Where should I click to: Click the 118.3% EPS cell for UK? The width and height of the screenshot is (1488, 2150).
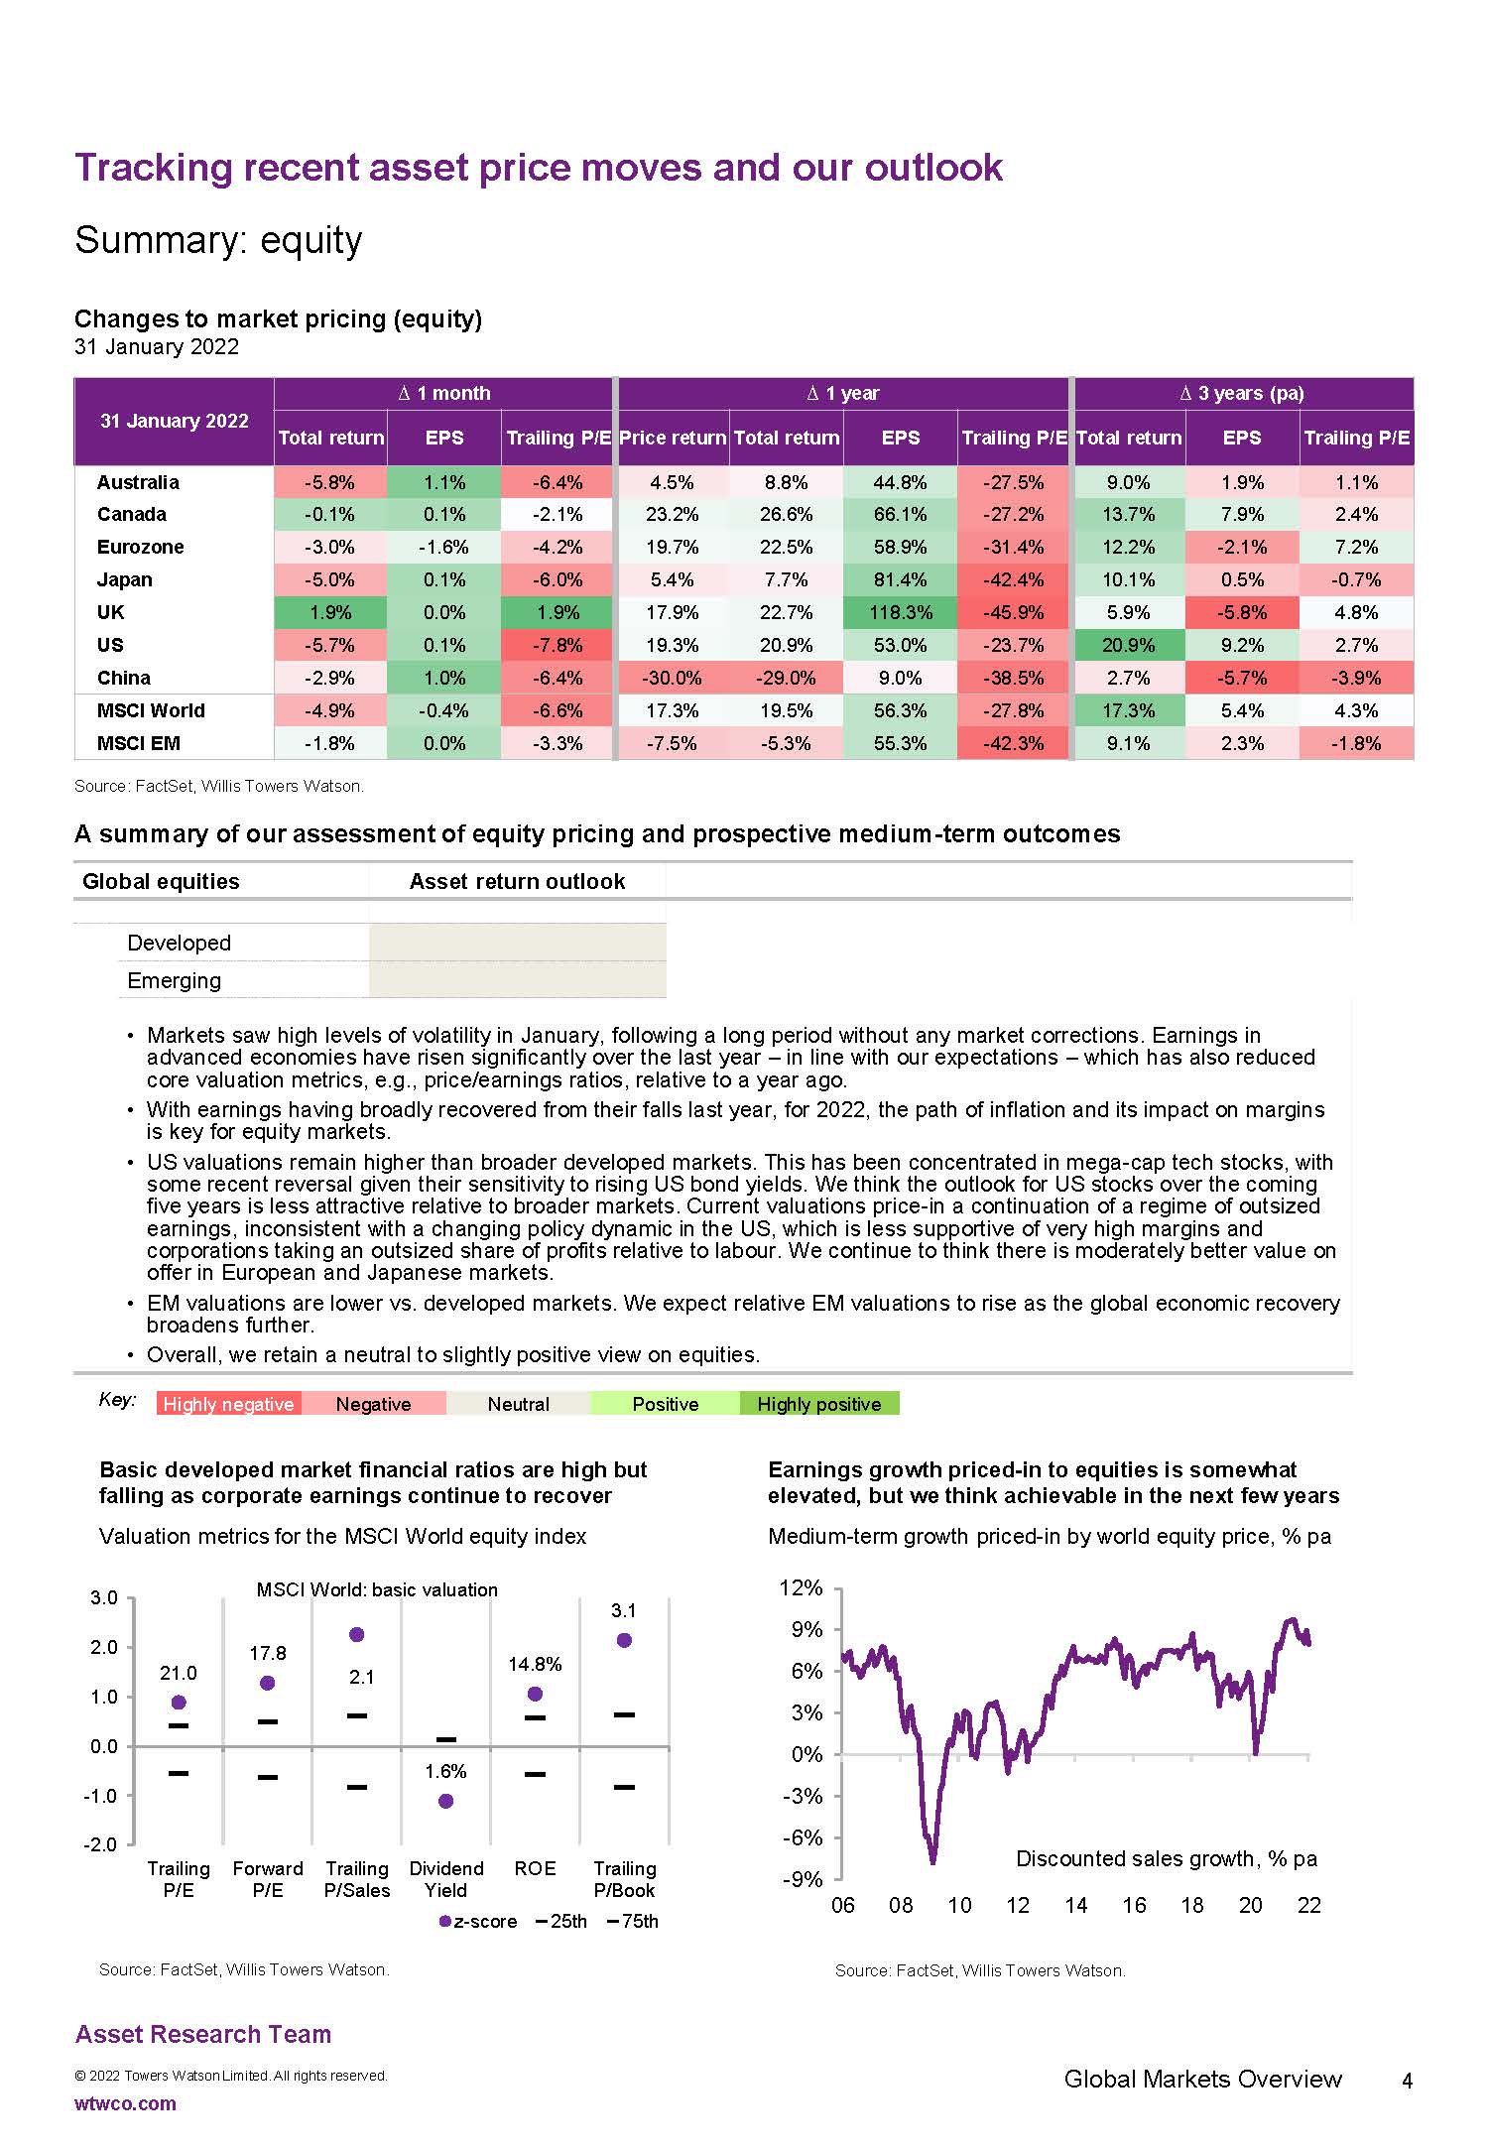(900, 612)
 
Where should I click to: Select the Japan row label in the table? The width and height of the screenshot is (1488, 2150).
(125, 579)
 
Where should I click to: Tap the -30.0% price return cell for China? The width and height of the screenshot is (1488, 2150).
(673, 678)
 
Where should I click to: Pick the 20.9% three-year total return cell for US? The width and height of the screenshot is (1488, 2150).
(1128, 645)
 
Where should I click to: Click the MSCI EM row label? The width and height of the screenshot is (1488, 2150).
(138, 743)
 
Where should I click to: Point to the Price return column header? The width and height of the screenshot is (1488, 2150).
(673, 438)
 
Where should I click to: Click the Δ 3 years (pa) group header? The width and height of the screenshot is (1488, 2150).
(1242, 393)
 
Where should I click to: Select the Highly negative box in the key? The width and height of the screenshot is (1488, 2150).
(228, 1404)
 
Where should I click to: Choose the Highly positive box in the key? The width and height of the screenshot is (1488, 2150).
(818, 1404)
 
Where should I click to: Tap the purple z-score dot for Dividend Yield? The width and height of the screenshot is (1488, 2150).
(445, 1801)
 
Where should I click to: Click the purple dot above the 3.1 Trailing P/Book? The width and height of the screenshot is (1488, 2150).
(624, 1641)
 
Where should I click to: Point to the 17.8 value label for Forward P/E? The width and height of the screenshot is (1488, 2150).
(268, 1653)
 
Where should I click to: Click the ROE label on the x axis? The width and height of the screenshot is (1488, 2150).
(535, 1868)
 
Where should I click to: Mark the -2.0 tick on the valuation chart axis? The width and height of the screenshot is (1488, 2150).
(104, 1844)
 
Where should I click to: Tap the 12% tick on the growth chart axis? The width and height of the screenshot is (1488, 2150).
(802, 1588)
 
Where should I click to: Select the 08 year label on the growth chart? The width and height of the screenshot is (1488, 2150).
(901, 1905)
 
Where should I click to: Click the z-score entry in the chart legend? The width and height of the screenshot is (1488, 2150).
(478, 1921)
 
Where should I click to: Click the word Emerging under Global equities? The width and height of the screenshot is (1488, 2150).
(175, 980)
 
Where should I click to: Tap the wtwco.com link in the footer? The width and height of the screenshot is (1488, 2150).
(125, 2103)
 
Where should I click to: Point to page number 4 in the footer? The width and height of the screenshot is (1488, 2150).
(1407, 2082)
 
